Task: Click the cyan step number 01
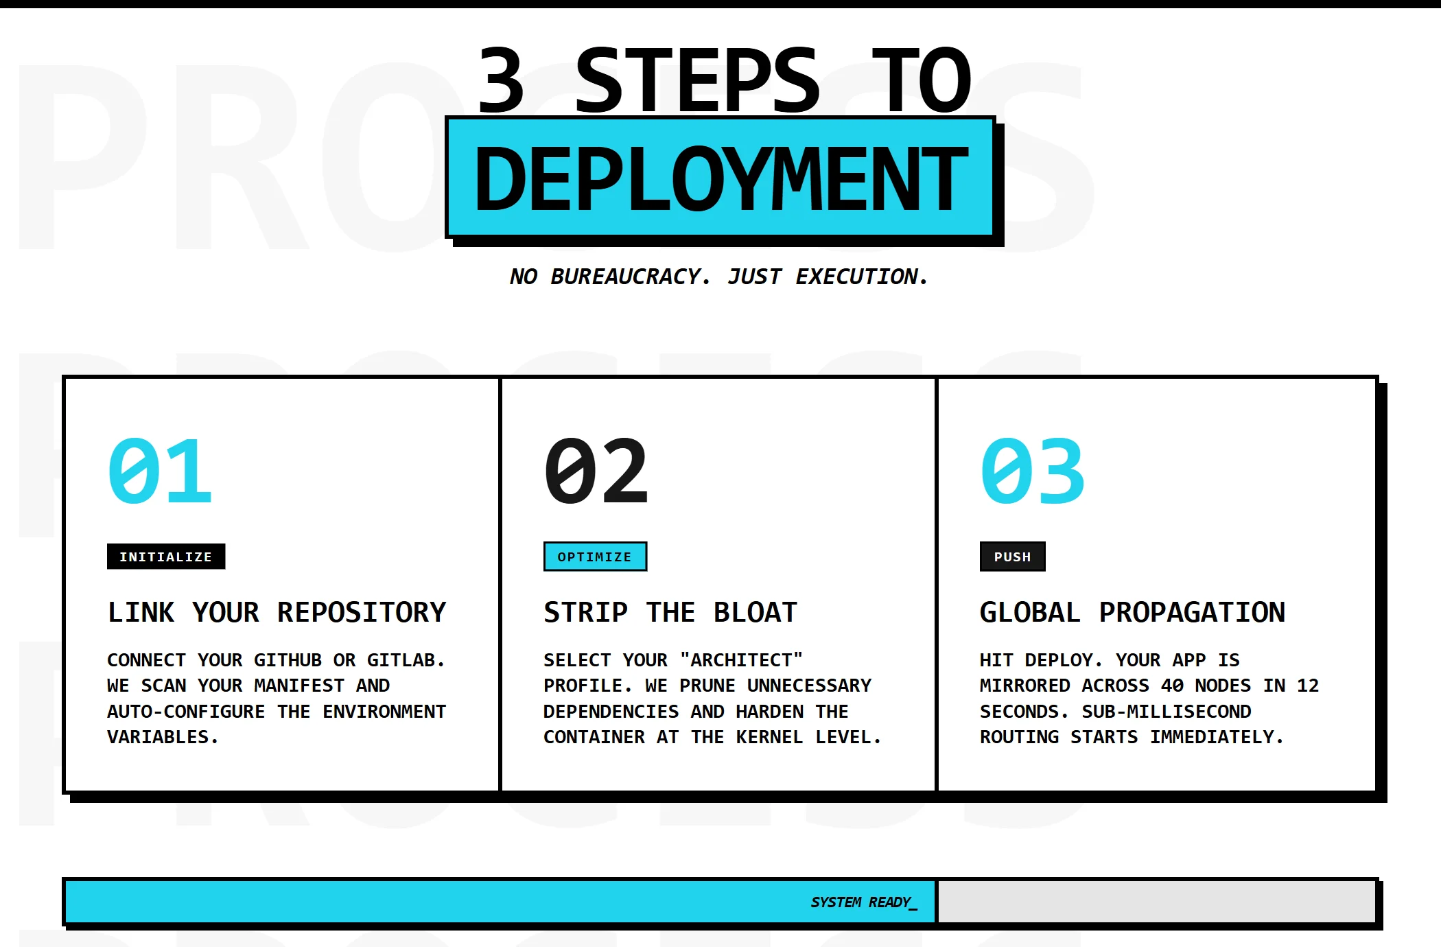click(x=160, y=471)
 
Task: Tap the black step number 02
click(x=596, y=471)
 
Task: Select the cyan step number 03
click(x=1033, y=471)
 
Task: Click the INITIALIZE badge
click(x=166, y=557)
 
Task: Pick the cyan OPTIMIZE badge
click(x=595, y=557)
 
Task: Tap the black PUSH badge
click(x=1013, y=557)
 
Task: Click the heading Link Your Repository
click(x=277, y=612)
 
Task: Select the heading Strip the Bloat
click(x=670, y=612)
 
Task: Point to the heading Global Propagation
click(x=1132, y=612)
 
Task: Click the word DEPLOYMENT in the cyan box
click(x=721, y=179)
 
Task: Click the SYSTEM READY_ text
click(x=864, y=902)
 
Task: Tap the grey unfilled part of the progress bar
click(x=1156, y=902)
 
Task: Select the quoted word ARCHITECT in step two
click(x=741, y=660)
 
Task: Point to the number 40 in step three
click(x=1172, y=686)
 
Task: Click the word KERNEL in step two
click(x=769, y=737)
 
